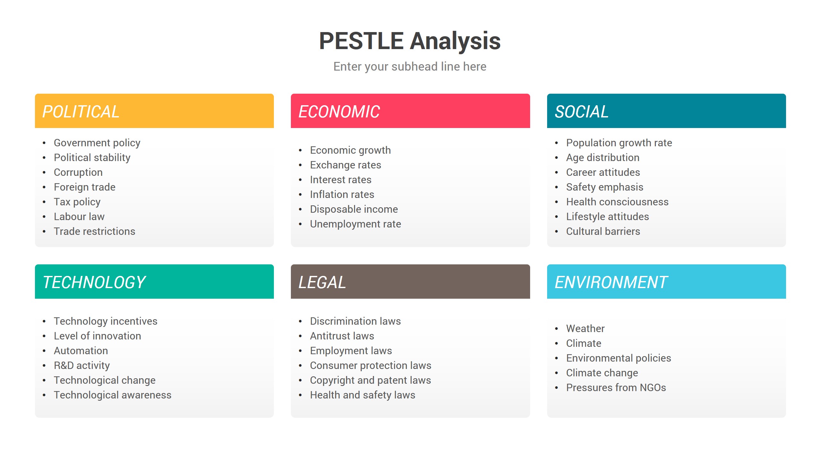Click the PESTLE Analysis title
point(410,41)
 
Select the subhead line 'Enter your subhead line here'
point(410,66)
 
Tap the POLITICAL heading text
point(81,112)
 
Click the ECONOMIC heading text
point(339,112)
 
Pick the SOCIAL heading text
point(581,112)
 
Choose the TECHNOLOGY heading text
point(94,282)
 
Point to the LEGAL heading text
point(322,282)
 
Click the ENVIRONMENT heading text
point(611,282)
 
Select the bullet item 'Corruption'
point(78,172)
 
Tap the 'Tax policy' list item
point(77,202)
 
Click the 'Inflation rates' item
point(342,194)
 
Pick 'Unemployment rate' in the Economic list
point(355,224)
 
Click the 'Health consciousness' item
point(617,202)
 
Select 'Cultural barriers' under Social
point(603,231)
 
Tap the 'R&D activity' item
point(82,365)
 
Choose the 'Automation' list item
point(81,351)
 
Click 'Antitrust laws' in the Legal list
point(342,336)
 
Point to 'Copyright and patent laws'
point(370,380)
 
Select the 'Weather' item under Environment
point(585,329)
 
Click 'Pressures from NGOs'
point(616,388)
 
